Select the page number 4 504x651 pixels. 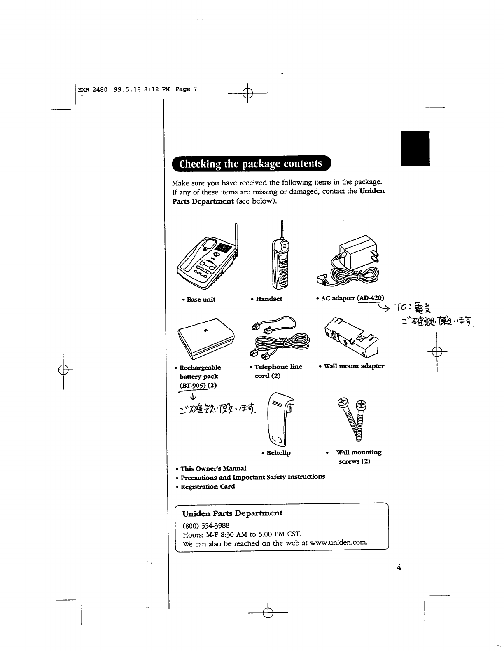tap(399, 567)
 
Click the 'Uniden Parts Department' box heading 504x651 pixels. tap(232, 513)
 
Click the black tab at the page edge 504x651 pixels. tap(415, 148)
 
